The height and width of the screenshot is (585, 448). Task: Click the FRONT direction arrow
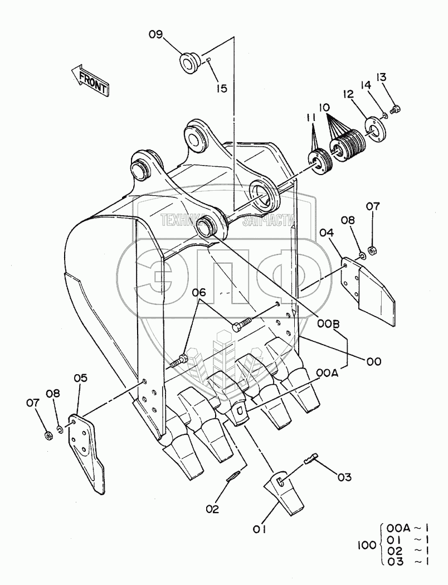click(90, 79)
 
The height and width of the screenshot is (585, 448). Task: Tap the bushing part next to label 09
click(189, 61)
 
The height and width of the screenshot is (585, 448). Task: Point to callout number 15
click(222, 88)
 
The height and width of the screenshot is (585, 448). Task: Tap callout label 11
click(310, 118)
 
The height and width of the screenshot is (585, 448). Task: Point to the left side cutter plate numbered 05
click(88, 452)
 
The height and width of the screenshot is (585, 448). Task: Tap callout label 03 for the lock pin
click(344, 477)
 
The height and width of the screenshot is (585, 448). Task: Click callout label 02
click(212, 509)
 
